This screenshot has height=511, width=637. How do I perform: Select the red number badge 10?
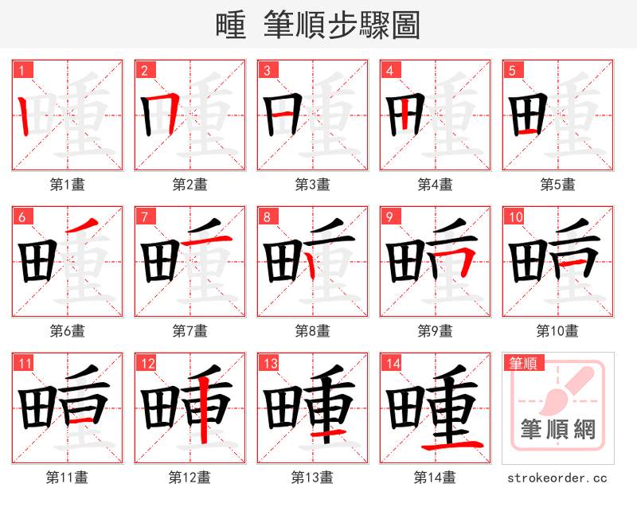click(514, 216)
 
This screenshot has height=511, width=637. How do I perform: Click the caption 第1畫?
click(67, 184)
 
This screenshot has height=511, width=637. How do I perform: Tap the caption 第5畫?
click(557, 184)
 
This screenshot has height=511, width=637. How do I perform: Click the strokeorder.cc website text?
click(557, 478)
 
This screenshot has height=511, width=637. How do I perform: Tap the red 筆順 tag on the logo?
click(522, 364)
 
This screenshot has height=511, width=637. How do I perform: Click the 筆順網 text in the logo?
click(557, 431)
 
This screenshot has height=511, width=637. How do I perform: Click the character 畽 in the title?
click(230, 25)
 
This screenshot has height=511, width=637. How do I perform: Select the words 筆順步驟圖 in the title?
click(342, 25)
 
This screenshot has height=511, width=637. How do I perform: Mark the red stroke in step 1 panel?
click(24, 115)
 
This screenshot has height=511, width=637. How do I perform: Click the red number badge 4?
click(390, 70)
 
